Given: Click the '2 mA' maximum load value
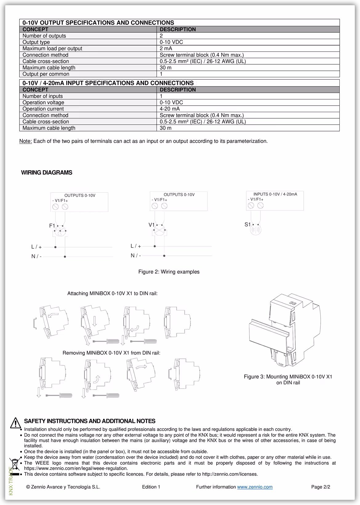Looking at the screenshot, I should [166, 48].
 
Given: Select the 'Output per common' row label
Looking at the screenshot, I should [46, 74].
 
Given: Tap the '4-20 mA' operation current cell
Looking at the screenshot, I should [170, 109].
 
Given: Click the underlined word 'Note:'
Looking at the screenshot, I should [26, 141].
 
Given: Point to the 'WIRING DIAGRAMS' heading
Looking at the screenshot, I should [46, 172].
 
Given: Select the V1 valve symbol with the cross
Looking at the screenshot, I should [159, 231].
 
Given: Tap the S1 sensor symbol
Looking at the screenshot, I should [255, 230].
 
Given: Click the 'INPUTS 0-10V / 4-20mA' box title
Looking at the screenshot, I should [275, 194].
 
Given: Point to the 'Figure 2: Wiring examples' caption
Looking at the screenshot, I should [169, 272].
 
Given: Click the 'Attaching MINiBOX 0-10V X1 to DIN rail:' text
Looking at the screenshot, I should [112, 293].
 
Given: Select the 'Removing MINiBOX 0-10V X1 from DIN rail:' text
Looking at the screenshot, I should [111, 353].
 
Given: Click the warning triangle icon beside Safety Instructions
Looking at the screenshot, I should [15, 423].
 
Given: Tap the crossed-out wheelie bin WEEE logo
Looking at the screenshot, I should [14, 464].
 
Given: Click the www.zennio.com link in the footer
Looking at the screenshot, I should [254, 487].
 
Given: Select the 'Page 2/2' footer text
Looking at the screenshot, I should [321, 487].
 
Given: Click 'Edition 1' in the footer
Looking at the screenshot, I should [151, 487].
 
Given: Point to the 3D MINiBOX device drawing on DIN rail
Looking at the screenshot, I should [285, 329].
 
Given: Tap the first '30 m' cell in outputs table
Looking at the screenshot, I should [166, 67].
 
